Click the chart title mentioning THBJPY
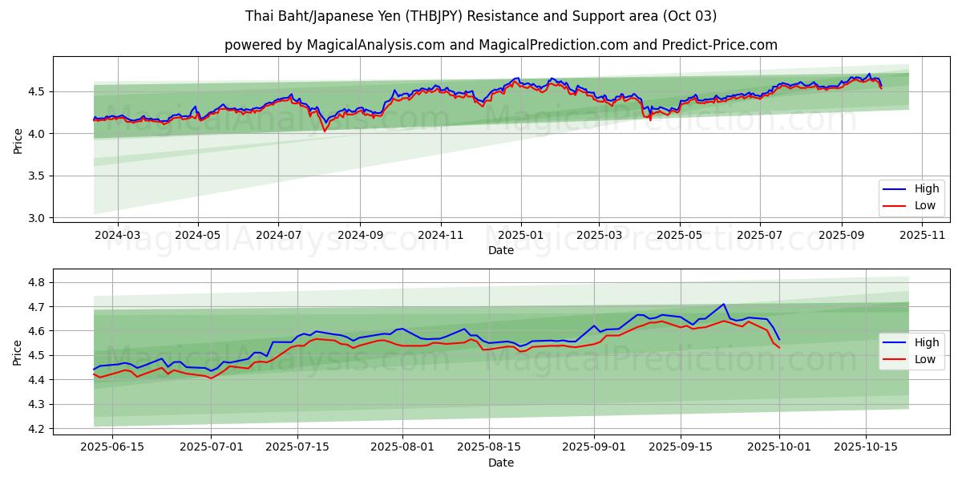[481, 16]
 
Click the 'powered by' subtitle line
[501, 45]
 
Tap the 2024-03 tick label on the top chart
[118, 236]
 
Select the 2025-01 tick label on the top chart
[521, 236]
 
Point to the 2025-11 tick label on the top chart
[923, 236]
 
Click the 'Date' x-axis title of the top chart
[501, 250]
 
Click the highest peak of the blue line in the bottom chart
[724, 304]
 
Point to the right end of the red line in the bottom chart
[779, 348]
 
